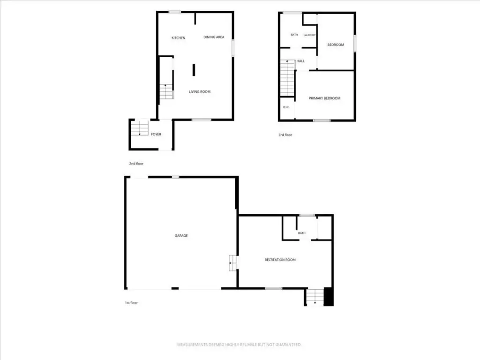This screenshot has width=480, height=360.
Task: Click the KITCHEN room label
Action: click(178, 38)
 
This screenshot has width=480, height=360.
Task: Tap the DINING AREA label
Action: click(214, 37)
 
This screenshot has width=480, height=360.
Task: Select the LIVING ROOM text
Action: click(200, 91)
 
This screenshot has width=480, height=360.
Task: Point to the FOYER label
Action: click(156, 134)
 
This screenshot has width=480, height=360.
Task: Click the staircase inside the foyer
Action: click(140, 128)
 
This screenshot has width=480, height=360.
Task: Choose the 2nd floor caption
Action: click(136, 164)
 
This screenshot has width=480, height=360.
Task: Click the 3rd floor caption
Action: click(285, 135)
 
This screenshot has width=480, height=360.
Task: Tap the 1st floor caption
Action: click(131, 303)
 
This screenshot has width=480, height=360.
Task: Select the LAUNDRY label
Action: click(309, 35)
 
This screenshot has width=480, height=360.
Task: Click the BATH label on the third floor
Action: click(294, 35)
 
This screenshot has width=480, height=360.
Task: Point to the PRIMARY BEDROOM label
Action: click(324, 98)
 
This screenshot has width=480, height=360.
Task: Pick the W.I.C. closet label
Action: click(286, 107)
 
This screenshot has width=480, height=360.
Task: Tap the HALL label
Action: click(300, 61)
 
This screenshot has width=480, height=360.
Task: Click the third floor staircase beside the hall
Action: click(287, 78)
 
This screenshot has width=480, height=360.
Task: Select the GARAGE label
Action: click(181, 236)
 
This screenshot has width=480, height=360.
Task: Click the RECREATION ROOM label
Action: click(280, 260)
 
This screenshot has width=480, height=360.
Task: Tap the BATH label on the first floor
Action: click(302, 233)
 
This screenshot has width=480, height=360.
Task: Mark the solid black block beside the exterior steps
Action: click(329, 296)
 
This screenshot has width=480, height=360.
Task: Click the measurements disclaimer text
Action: click(240, 345)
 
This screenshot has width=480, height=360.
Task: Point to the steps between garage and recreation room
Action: click(232, 263)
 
